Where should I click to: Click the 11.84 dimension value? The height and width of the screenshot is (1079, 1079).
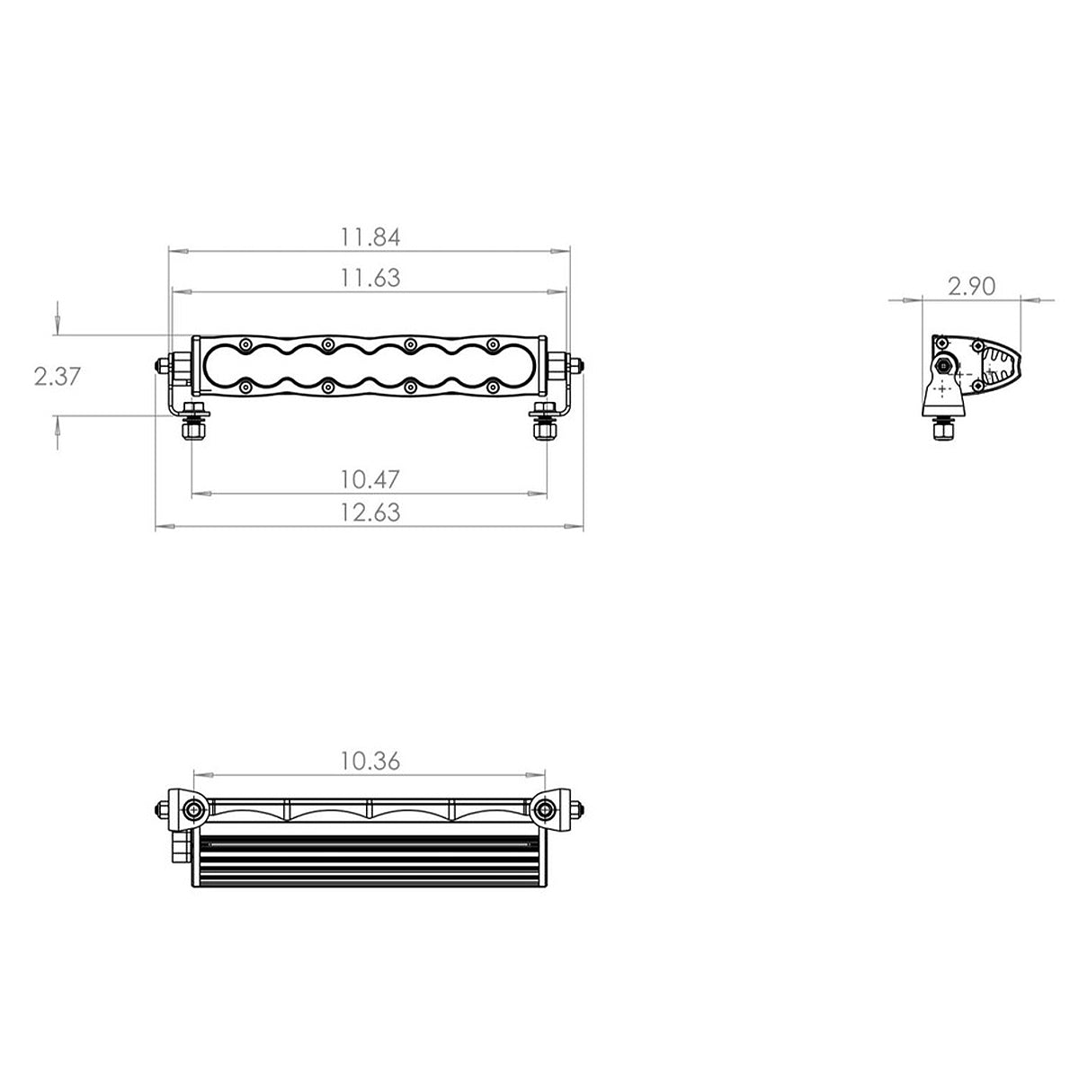coord(370,237)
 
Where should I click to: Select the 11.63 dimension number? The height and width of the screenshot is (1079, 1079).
coord(370,278)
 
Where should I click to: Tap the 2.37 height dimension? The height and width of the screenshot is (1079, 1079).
coord(58,376)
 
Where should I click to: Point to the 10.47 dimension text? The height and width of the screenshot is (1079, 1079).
coord(370,478)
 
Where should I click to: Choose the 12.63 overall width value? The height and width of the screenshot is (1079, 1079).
coord(370,513)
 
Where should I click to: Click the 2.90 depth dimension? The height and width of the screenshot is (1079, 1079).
coord(971,286)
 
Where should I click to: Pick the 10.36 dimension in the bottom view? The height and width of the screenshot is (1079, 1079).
coord(370,761)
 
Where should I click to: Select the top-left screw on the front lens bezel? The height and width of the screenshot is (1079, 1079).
coord(245,343)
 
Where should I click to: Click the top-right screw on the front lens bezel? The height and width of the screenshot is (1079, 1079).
coord(492,343)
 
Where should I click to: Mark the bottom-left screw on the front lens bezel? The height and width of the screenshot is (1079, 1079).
coord(245,387)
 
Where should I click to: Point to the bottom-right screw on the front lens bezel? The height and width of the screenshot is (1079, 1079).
coord(492,387)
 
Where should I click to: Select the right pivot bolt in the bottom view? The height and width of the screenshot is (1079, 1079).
coord(543,811)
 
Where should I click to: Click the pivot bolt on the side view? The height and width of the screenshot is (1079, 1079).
coord(945,365)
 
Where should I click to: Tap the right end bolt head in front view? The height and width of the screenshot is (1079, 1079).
coord(579,365)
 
